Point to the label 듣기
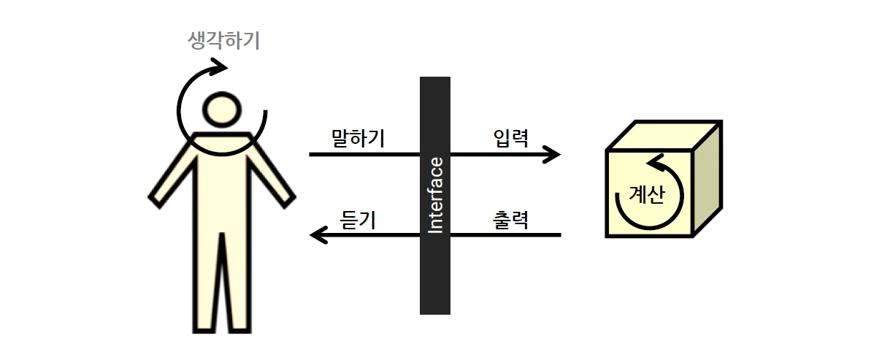358,219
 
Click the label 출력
510,219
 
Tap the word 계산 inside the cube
647,195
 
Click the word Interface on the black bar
435,195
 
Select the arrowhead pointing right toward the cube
553,155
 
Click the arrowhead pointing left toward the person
318,235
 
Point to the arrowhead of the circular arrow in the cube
655,160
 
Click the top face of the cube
664,136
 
